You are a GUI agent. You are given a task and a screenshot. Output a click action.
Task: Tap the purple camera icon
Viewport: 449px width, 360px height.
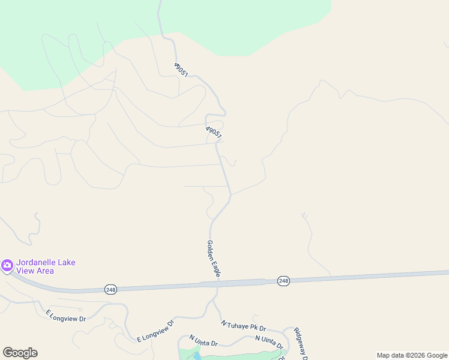(7, 265)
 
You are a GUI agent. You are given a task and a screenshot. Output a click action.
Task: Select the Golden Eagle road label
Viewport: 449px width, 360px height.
(214, 259)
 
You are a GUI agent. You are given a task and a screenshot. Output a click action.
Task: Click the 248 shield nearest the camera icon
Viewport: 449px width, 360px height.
(110, 289)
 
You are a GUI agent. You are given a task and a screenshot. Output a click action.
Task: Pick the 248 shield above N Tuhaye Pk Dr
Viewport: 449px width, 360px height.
(284, 281)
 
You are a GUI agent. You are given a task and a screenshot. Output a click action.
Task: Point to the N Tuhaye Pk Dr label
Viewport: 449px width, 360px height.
(243, 326)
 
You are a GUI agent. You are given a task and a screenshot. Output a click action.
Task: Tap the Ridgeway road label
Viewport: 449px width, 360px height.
(300, 344)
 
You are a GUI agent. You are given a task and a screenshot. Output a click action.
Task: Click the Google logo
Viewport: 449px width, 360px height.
(20, 353)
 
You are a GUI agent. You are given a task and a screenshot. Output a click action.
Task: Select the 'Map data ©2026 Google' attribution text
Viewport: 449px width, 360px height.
(412, 355)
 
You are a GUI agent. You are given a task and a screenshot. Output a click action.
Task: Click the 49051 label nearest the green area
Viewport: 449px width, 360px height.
(181, 70)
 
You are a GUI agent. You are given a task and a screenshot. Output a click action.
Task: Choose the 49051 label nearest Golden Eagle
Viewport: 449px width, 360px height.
(214, 132)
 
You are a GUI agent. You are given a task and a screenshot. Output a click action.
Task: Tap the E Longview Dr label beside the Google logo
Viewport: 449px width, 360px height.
(66, 316)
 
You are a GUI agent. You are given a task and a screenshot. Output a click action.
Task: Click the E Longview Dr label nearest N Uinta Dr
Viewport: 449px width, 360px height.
(155, 331)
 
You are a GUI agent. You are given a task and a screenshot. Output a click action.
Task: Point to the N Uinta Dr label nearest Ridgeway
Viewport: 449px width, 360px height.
(268, 342)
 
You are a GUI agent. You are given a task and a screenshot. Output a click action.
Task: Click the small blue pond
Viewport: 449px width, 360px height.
(197, 356)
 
